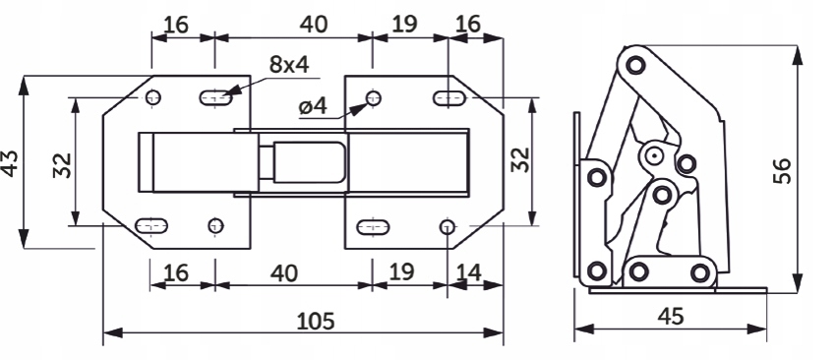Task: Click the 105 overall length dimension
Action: (316, 322)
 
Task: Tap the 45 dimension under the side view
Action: (670, 317)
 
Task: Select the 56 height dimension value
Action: (782, 171)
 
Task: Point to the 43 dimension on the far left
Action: (10, 162)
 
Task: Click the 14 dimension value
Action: (468, 272)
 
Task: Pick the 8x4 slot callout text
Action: (289, 64)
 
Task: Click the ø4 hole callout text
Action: (313, 106)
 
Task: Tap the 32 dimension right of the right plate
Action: (520, 159)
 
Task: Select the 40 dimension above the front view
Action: (314, 25)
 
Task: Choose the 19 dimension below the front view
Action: (401, 271)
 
